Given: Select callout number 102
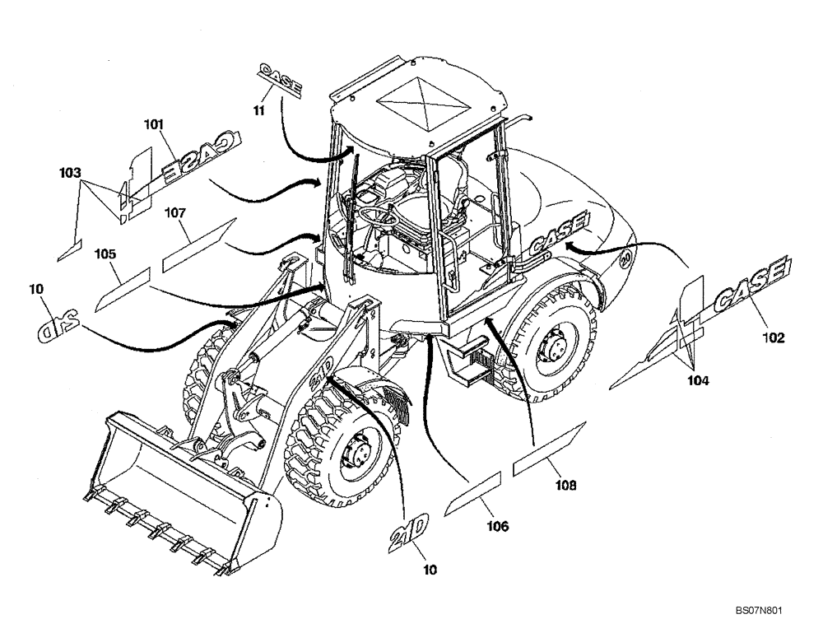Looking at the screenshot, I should tap(773, 336).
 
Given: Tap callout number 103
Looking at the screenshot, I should tap(70, 173).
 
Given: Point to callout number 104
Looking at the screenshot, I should tap(699, 380).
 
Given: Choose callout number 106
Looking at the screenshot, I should tap(498, 524).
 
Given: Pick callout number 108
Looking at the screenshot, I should tap(565, 485).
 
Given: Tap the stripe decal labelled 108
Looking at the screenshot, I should tap(548, 450).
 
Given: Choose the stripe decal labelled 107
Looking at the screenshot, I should tap(198, 244).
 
